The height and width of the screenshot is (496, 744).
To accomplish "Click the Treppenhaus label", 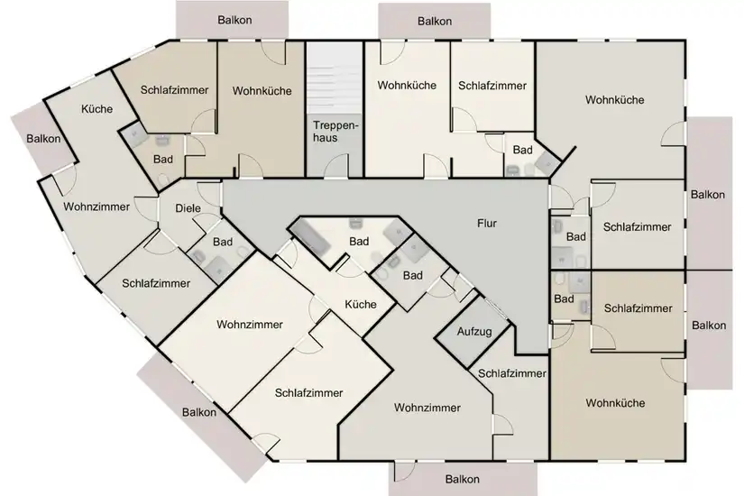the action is pyautogui.click(x=335, y=132).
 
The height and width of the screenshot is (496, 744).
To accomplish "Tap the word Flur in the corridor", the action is pyautogui.click(x=487, y=223).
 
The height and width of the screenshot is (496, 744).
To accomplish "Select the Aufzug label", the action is pyautogui.click(x=474, y=331).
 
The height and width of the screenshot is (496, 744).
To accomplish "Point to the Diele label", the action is pyautogui.click(x=188, y=208).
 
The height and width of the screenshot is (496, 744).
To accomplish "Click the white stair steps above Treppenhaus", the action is pyautogui.click(x=335, y=78).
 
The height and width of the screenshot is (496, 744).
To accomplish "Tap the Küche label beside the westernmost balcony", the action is pyautogui.click(x=96, y=109).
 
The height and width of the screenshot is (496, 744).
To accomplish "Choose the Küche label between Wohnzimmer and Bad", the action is pyautogui.click(x=361, y=304).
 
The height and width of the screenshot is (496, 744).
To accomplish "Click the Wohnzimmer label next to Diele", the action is pyautogui.click(x=96, y=207).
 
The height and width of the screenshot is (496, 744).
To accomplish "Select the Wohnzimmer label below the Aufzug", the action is pyautogui.click(x=427, y=408).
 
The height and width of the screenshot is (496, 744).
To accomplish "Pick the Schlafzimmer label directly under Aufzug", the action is pyautogui.click(x=512, y=373).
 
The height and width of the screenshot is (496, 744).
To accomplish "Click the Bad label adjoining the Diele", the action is pyautogui.click(x=223, y=242).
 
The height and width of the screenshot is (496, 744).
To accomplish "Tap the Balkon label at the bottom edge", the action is pyautogui.click(x=462, y=480).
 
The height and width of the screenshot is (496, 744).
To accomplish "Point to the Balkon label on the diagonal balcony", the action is pyautogui.click(x=199, y=412).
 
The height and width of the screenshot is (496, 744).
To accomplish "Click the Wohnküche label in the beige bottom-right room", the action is pyautogui.click(x=615, y=403).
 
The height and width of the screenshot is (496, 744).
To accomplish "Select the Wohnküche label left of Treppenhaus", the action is pyautogui.click(x=262, y=91).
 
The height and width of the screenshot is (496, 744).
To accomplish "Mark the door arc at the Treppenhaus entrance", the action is pyautogui.click(x=336, y=165).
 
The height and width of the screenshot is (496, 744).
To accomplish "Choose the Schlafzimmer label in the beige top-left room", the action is pyautogui.click(x=175, y=89).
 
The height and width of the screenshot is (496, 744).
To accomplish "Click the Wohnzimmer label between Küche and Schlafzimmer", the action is pyautogui.click(x=250, y=325).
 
